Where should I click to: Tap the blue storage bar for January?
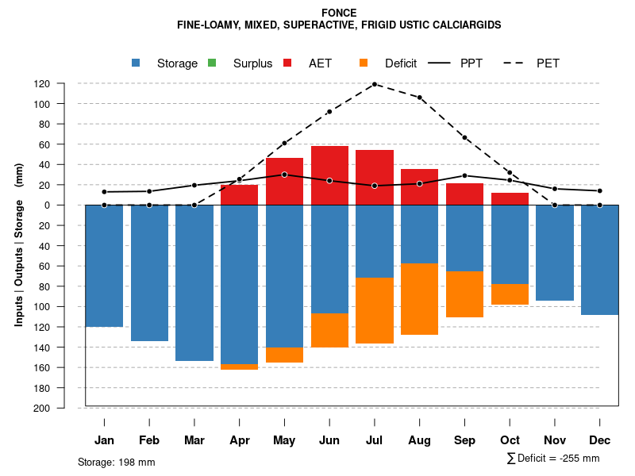click(x=104, y=266)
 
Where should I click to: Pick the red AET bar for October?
click(x=510, y=198)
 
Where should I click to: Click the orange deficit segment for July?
click(x=374, y=310)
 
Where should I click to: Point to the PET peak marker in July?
click(x=374, y=84)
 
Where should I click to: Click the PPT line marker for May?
click(x=284, y=175)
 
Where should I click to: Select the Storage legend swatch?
click(x=137, y=63)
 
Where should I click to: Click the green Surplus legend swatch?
click(x=212, y=63)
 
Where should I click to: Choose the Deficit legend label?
click(x=401, y=63)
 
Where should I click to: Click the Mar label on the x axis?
click(x=194, y=440)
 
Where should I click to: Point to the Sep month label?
click(x=464, y=440)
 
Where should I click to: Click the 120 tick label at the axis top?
click(x=64, y=83)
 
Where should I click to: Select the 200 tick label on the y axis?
click(x=64, y=408)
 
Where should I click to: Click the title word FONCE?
click(x=339, y=13)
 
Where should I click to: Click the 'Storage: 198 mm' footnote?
click(x=117, y=462)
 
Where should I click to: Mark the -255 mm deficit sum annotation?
click(x=553, y=459)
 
